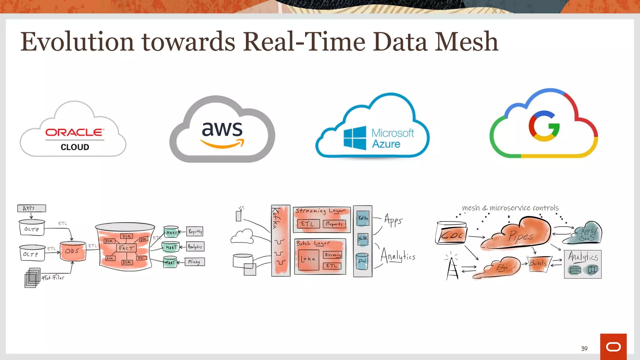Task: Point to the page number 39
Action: pyautogui.click(x=584, y=348)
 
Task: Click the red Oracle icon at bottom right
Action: pyautogui.click(x=613, y=347)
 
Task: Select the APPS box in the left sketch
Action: pyautogui.click(x=32, y=208)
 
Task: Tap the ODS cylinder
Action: pyautogui.click(x=72, y=251)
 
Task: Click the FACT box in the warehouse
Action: pyautogui.click(x=126, y=248)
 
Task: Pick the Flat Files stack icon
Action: pyautogui.click(x=32, y=277)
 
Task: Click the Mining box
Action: pyautogui.click(x=194, y=262)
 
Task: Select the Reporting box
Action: pyautogui.click(x=195, y=231)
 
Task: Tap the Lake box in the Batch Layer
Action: pyautogui.click(x=308, y=259)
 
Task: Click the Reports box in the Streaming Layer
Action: pyautogui.click(x=334, y=224)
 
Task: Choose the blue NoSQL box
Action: pyautogui.click(x=363, y=238)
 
